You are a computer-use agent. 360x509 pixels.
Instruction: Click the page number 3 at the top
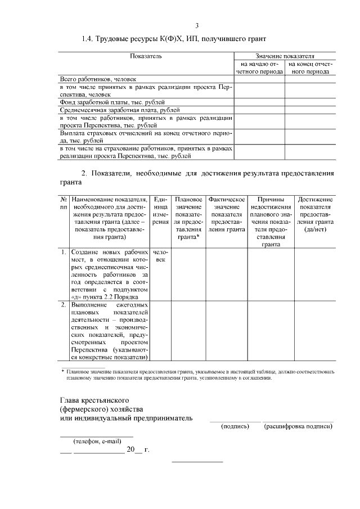pos(197,25)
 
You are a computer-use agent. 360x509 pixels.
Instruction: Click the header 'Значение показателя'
pos(285,57)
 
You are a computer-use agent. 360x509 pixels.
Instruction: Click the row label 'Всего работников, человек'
pos(98,80)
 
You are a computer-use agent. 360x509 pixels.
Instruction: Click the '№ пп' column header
pos(64,203)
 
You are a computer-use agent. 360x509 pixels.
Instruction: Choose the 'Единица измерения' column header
pos(161,211)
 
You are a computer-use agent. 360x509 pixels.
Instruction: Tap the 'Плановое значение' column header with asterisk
pos(188,218)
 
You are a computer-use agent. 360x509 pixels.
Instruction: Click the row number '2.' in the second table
pos(64,304)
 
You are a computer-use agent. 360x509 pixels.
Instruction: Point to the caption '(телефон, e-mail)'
pos(97,442)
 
